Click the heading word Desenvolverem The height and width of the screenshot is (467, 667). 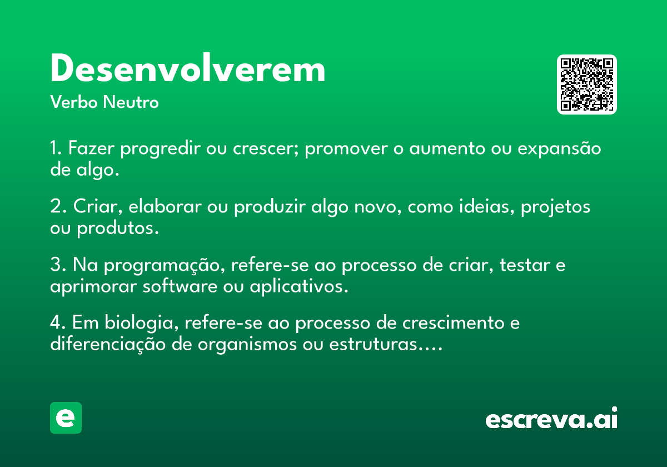coord(188,68)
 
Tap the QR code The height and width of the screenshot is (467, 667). coord(586,85)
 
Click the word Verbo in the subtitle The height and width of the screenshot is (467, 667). coord(74,102)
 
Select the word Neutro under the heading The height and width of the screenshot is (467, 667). coord(131,102)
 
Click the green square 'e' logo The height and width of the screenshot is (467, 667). coord(66,418)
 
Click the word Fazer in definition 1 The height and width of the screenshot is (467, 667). coord(91,148)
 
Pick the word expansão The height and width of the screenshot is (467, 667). coord(559,148)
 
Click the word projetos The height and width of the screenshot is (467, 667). coord(555,207)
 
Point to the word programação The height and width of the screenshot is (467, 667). coord(165,265)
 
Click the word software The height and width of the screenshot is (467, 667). coord(180,286)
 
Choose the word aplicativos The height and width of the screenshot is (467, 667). coord(299,287)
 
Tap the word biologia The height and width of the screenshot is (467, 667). coord(142,323)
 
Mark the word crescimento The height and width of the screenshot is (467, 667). coord(453,323)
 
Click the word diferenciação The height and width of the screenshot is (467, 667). coord(108,344)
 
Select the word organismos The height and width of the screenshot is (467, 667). coord(247,345)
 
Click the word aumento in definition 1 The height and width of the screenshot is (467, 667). coord(447,148)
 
